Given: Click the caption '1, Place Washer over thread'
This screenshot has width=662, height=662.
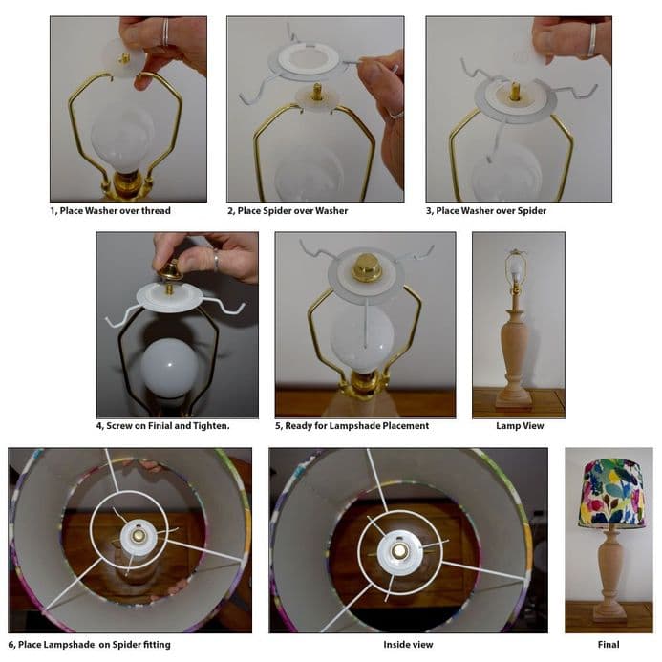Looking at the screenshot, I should click(x=110, y=210).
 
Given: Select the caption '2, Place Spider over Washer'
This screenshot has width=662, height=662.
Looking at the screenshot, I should click(x=288, y=210).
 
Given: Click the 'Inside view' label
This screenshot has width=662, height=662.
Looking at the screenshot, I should click(x=408, y=645).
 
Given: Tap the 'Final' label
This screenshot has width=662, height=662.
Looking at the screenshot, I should click(x=609, y=645).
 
